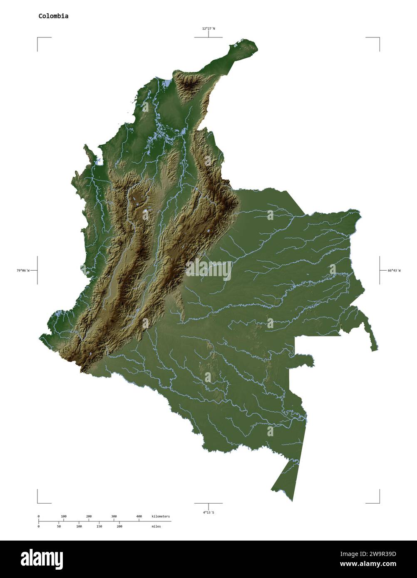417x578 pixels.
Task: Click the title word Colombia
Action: (x=53, y=16)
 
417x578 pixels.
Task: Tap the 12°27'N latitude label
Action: (x=208, y=29)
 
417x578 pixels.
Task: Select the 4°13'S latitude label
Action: (x=208, y=512)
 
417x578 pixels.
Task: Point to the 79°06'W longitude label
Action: (x=23, y=271)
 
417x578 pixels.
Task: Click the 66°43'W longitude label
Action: (x=394, y=271)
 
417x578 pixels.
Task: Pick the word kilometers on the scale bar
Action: (x=161, y=516)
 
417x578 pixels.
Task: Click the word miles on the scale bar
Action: (x=156, y=526)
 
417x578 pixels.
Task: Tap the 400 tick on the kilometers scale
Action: (x=139, y=516)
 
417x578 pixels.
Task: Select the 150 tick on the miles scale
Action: (x=99, y=526)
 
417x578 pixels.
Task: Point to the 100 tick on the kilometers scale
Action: (x=64, y=516)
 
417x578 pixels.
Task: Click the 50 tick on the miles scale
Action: (x=59, y=526)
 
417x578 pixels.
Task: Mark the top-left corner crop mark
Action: (x=38, y=38)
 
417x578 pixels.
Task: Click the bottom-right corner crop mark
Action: (x=379, y=502)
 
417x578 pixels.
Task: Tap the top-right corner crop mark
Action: (x=379, y=38)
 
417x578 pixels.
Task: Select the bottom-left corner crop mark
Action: (x=38, y=502)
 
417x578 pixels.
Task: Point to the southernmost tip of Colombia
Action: (x=292, y=501)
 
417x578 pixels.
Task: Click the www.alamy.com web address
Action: (x=368, y=564)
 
